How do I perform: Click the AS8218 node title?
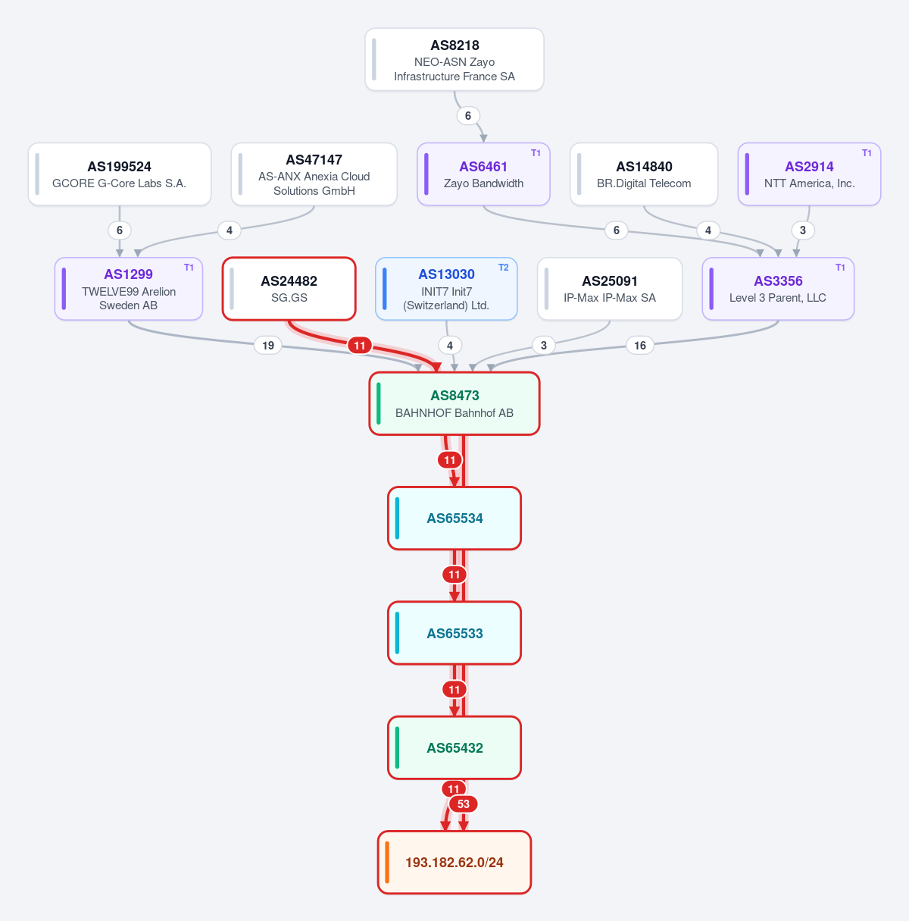[x=454, y=45]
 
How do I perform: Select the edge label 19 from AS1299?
[x=268, y=345]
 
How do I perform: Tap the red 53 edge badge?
[x=464, y=804]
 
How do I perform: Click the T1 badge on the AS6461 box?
[x=536, y=153]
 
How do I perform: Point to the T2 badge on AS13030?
[x=504, y=268]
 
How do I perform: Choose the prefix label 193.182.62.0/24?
[x=454, y=862]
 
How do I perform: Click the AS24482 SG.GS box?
[x=289, y=289]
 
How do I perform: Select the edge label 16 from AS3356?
[x=640, y=345]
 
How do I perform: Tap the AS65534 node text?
[x=454, y=518]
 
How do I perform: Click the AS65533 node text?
[x=454, y=633]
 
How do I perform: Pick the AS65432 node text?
[x=454, y=748]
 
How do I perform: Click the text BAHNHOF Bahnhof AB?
[x=454, y=413]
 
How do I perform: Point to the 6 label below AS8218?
[x=468, y=116]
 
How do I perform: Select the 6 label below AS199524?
[x=120, y=230]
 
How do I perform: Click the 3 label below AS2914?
[x=803, y=230]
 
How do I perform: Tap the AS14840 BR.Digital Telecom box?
[x=644, y=174]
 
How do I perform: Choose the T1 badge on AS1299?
[x=189, y=268]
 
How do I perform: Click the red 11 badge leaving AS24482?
[x=360, y=345]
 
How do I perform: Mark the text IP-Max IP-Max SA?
[x=610, y=298]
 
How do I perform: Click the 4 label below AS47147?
[x=230, y=230]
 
